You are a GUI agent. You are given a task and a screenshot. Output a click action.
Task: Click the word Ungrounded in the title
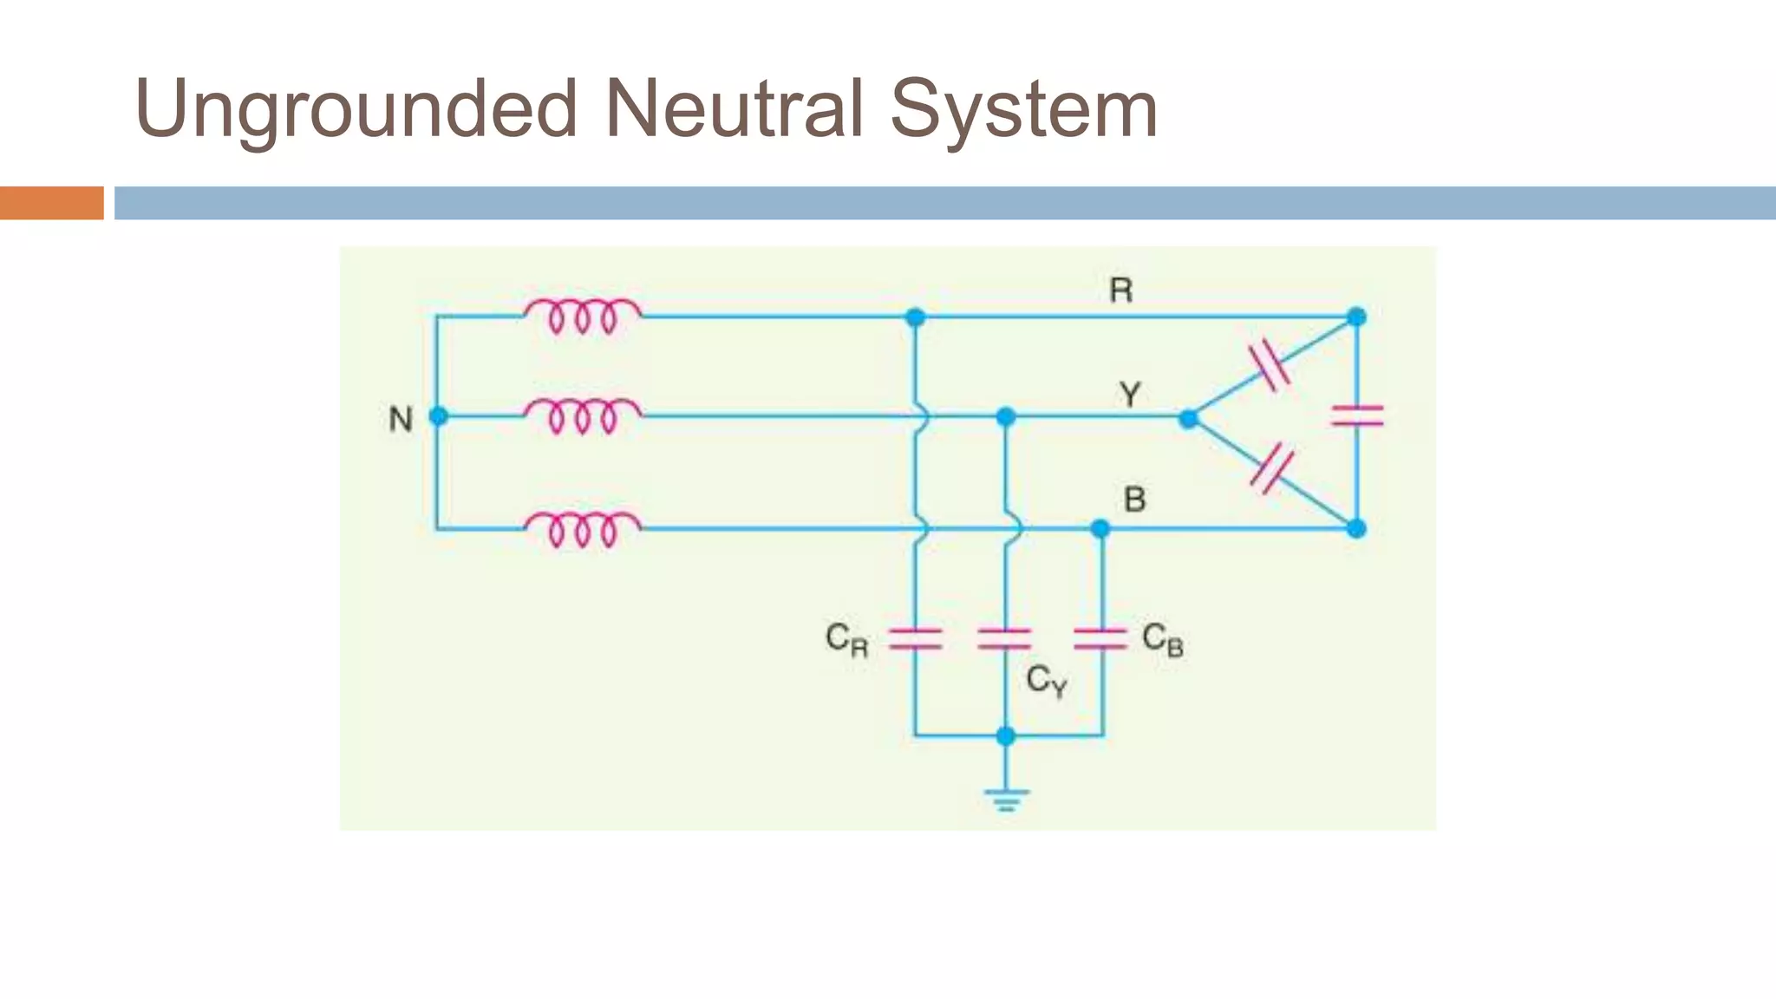point(356,109)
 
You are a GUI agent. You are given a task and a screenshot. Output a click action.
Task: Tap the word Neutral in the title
point(734,109)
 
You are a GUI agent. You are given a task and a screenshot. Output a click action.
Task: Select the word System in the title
point(1023,109)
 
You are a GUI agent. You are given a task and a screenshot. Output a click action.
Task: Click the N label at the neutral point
point(401,420)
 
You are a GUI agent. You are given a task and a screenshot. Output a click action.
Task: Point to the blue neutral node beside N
point(439,416)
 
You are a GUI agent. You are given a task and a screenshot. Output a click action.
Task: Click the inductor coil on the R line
point(583,316)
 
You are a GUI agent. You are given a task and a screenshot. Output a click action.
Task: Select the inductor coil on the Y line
point(583,415)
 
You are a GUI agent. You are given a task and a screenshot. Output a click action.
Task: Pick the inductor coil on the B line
point(583,528)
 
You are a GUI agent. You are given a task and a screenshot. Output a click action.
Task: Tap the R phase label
point(1120,291)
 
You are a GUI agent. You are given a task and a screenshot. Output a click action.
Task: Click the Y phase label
point(1129,395)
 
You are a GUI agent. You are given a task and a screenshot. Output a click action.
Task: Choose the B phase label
point(1134,499)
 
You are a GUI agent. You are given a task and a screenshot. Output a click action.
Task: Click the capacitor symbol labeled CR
point(915,639)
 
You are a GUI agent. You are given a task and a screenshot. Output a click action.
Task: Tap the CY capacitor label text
point(1046,681)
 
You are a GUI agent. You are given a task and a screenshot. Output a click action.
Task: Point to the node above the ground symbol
point(1006,736)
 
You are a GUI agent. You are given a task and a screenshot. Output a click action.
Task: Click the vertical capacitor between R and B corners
point(1357,416)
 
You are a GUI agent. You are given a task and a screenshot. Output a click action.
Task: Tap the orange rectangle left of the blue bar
point(51,203)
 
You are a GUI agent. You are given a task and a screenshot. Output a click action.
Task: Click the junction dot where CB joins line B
point(1100,528)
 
